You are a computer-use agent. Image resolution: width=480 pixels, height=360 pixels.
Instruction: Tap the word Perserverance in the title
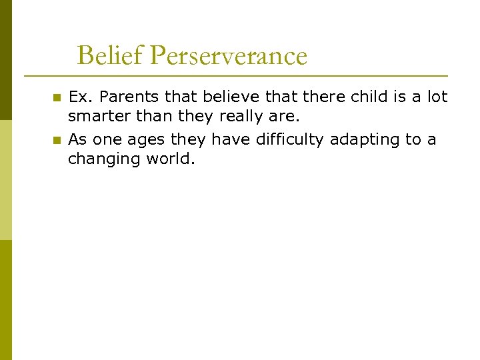tap(229, 56)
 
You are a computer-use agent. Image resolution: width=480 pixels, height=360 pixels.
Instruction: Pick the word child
tap(369, 97)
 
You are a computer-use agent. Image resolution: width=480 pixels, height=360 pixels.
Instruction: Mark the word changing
tap(101, 159)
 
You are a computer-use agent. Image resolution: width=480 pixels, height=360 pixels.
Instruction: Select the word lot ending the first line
tap(437, 97)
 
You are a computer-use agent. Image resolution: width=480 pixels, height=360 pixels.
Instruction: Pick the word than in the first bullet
tap(153, 117)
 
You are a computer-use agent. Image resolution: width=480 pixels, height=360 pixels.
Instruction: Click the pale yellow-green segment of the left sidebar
tap(5, 180)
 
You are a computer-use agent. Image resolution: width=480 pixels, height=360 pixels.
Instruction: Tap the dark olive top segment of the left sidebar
tap(5, 60)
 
